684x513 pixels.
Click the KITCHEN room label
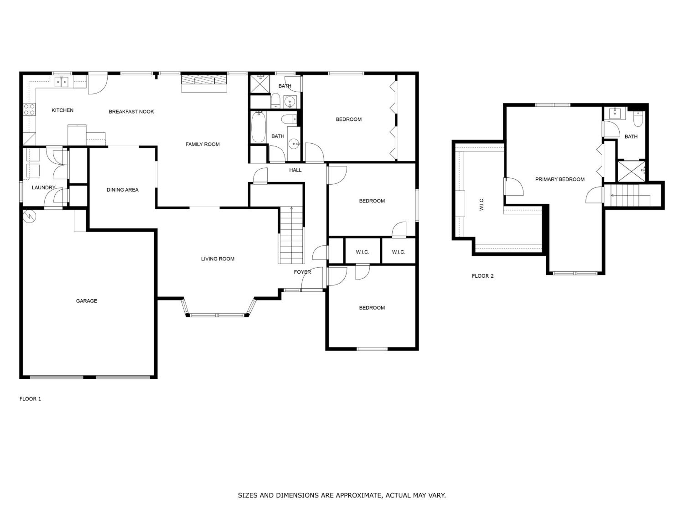pyautogui.click(x=62, y=110)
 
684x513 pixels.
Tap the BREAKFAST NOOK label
pyautogui.click(x=131, y=112)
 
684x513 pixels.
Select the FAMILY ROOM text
pyautogui.click(x=202, y=144)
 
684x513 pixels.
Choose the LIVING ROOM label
pyautogui.click(x=218, y=259)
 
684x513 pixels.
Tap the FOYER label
pyautogui.click(x=302, y=272)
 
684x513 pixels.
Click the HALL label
pyautogui.click(x=295, y=170)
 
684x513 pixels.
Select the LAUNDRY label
pyautogui.click(x=44, y=187)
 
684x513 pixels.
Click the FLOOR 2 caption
pyautogui.click(x=483, y=276)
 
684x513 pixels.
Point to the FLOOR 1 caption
pyautogui.click(x=30, y=399)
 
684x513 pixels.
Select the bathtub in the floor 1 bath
pyautogui.click(x=258, y=127)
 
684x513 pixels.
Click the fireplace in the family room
pyautogui.click(x=204, y=83)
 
